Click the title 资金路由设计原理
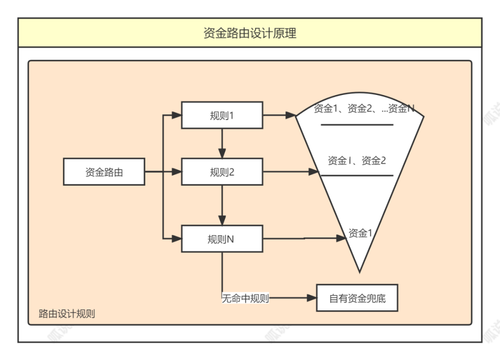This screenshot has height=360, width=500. pyautogui.click(x=250, y=33)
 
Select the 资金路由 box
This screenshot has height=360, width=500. pyautogui.click(x=104, y=172)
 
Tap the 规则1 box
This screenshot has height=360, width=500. pyautogui.click(x=222, y=115)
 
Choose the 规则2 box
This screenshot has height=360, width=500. pyautogui.click(x=222, y=172)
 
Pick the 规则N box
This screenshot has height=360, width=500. pyautogui.click(x=222, y=239)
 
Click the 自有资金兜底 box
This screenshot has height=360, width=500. pyautogui.click(x=357, y=298)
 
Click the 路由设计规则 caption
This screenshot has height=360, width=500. pyautogui.click(x=67, y=314)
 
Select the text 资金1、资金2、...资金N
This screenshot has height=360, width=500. pyautogui.click(x=363, y=109)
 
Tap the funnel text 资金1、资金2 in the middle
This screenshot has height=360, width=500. pyautogui.click(x=356, y=161)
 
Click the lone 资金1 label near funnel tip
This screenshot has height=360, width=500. pyautogui.click(x=360, y=234)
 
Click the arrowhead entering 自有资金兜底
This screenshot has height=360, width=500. pyautogui.click(x=312, y=298)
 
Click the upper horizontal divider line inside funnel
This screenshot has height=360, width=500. pyautogui.click(x=357, y=125)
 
